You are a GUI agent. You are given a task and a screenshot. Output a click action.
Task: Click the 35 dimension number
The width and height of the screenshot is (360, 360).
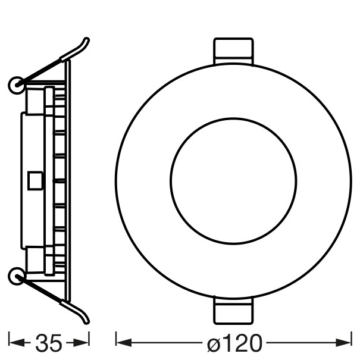tap(49, 343)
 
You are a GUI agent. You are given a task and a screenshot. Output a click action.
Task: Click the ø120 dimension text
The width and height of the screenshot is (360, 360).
tap(234, 343)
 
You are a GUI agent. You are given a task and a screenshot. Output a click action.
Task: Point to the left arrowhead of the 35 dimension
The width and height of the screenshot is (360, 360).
tap(17, 342)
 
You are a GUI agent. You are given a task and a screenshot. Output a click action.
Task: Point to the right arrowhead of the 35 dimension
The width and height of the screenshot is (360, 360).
tap(81, 343)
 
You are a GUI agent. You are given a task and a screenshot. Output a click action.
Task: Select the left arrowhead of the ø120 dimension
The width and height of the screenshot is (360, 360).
tap(124, 343)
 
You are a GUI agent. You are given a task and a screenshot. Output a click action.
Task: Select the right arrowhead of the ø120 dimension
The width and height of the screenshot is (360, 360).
tap(343, 343)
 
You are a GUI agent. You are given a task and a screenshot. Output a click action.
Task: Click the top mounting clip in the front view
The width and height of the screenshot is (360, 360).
tap(233, 51)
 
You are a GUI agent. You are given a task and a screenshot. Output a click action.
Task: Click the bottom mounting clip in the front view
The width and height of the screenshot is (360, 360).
tap(233, 310)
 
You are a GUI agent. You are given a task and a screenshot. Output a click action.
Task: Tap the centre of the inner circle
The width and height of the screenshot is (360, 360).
tap(233, 181)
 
